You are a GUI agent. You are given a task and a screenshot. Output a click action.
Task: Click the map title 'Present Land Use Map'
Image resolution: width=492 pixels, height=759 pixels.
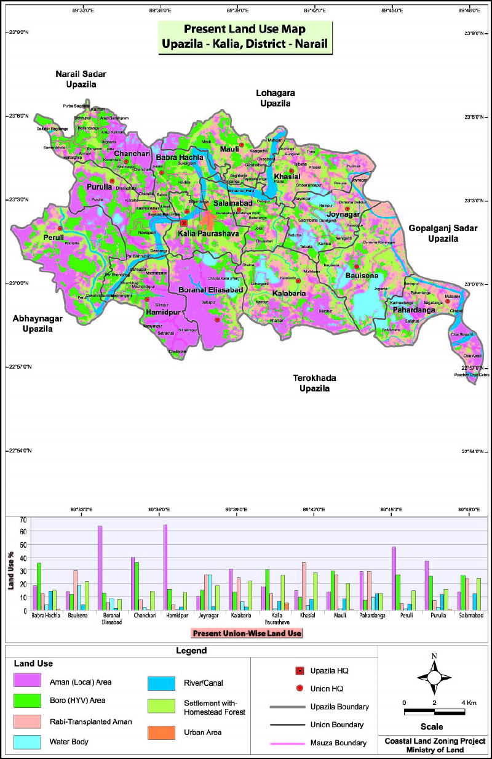pos(245,29)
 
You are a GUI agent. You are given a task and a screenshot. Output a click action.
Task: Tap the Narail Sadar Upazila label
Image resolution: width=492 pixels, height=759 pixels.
pos(77,79)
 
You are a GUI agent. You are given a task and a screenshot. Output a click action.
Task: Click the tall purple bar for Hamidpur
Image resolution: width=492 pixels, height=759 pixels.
pos(165,567)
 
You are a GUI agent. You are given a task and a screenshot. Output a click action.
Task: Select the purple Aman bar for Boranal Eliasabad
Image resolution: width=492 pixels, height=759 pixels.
pos(100,568)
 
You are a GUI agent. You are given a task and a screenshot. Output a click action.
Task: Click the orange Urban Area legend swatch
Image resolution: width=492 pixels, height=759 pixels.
pos(161,733)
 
